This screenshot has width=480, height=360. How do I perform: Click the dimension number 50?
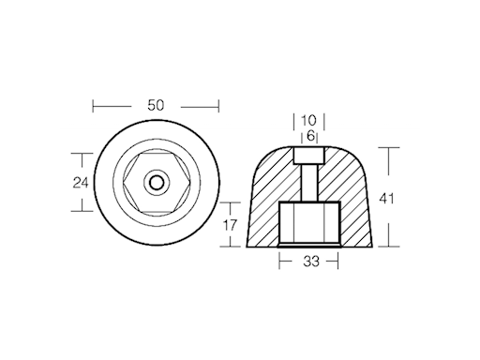click(156, 105)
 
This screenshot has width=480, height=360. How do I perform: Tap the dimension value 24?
click(81, 183)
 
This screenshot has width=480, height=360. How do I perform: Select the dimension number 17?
click(230, 225)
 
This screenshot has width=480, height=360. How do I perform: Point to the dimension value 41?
click(386, 199)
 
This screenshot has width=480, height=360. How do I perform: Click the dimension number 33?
click(311, 262)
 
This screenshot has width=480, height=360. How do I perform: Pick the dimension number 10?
click(308, 120)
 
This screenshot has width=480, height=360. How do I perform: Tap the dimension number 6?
click(310, 136)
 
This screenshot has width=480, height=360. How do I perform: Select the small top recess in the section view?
click(309, 156)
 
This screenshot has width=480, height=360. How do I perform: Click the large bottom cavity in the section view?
click(309, 223)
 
